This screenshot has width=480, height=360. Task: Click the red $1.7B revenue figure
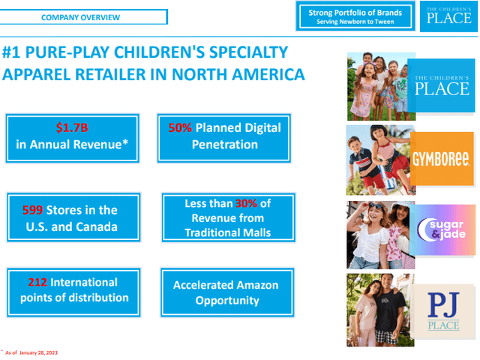click(72, 127)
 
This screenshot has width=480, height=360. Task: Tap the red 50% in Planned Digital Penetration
click(180, 127)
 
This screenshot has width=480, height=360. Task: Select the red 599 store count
click(32, 210)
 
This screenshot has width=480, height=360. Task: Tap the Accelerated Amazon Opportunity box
click(225, 292)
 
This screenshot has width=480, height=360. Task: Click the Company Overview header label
click(80, 17)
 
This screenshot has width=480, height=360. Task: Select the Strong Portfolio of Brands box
click(355, 17)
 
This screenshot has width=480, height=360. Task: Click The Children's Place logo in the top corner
click(448, 16)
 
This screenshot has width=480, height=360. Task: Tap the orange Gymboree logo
click(441, 159)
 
